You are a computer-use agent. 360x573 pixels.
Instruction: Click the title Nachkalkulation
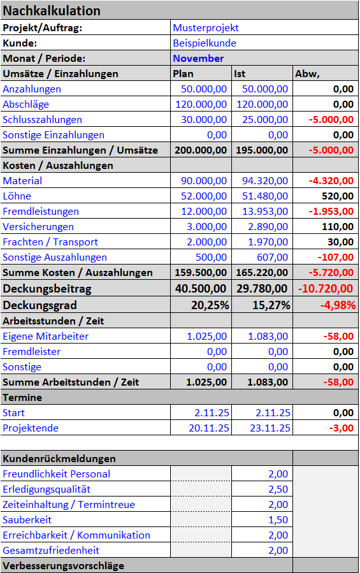tap(52, 11)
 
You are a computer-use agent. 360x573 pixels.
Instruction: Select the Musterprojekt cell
tap(206, 28)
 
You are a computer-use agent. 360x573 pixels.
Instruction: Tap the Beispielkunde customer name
tap(205, 43)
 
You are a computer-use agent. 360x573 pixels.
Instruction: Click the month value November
tap(198, 59)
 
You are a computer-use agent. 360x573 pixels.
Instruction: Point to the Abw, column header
tap(307, 74)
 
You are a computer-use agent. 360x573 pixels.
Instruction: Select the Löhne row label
tap(17, 196)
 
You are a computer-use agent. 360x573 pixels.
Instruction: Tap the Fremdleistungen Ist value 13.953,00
tap(265, 212)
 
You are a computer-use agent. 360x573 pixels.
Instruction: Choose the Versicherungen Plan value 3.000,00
tap(206, 227)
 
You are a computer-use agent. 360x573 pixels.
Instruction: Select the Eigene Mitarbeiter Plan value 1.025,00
tap(206, 337)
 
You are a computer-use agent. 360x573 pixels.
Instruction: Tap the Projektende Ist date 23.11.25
tap(269, 428)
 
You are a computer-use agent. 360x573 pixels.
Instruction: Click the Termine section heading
tap(22, 398)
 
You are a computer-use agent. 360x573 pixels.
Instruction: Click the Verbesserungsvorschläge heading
tap(63, 566)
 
